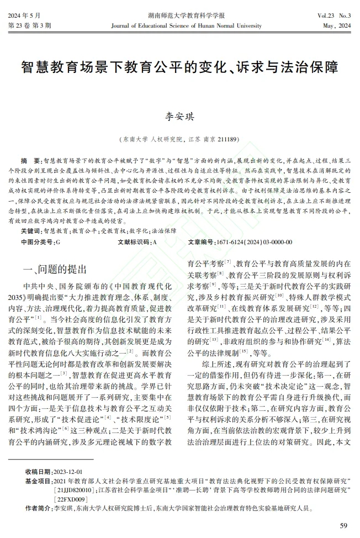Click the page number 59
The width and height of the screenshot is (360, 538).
point(343,525)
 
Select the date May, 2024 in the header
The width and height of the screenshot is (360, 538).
point(335,25)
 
